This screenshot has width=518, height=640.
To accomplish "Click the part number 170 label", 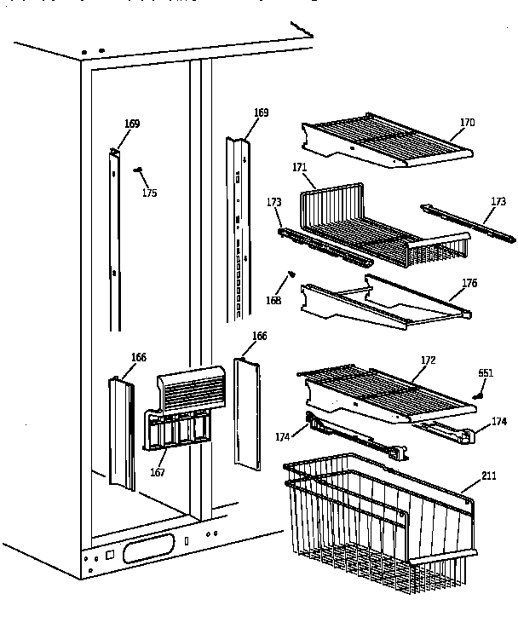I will point(467,123).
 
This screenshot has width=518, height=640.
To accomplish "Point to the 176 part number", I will point(469,283).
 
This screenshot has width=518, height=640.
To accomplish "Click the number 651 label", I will point(486,373).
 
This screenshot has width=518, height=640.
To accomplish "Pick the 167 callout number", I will point(158,472).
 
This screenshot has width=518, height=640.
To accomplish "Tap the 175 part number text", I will point(149,193).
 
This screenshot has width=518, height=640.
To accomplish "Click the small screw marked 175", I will point(137,170).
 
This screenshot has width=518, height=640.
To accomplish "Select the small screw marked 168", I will point(291,274).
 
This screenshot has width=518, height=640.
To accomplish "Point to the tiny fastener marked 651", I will point(479,395).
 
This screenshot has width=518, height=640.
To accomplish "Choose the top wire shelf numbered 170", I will point(388,139).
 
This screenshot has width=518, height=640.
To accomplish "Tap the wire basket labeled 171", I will point(375,226).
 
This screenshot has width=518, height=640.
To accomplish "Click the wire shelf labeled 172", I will point(388,392).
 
